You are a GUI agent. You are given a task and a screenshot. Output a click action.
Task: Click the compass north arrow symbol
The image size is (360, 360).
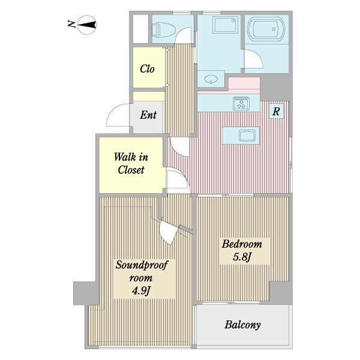tap(87, 25)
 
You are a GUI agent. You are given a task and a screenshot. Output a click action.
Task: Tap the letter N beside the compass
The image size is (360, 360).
tap(71, 24)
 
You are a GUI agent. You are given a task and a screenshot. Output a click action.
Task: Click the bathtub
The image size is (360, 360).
tap(266, 29)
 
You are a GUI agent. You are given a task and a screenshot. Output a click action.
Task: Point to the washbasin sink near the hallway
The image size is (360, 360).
tap(211, 79)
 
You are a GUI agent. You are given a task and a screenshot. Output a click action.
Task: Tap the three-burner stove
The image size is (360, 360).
tap(241, 103)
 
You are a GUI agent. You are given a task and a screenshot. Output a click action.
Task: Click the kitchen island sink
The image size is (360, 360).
tap(247, 135)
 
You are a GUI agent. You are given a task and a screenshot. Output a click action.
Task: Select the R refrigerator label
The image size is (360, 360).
tap(276, 112)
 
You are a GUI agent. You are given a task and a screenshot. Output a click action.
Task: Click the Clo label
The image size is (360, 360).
tap(147, 68)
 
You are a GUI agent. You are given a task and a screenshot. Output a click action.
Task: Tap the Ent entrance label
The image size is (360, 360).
tap(148, 115)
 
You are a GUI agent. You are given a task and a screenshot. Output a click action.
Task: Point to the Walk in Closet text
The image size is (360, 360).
tap(131, 163)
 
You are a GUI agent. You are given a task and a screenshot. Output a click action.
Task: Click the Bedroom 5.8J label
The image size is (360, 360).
tap(242, 250)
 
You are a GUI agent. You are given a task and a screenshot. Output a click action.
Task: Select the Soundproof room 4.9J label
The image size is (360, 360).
tap(142, 278)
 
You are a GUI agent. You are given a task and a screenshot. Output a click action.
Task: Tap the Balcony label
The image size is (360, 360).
tap(242, 325)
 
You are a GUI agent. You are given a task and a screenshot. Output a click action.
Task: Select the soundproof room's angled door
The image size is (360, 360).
tap(169, 232)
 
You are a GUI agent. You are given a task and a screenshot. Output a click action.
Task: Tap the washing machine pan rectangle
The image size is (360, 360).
tap(225, 25)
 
